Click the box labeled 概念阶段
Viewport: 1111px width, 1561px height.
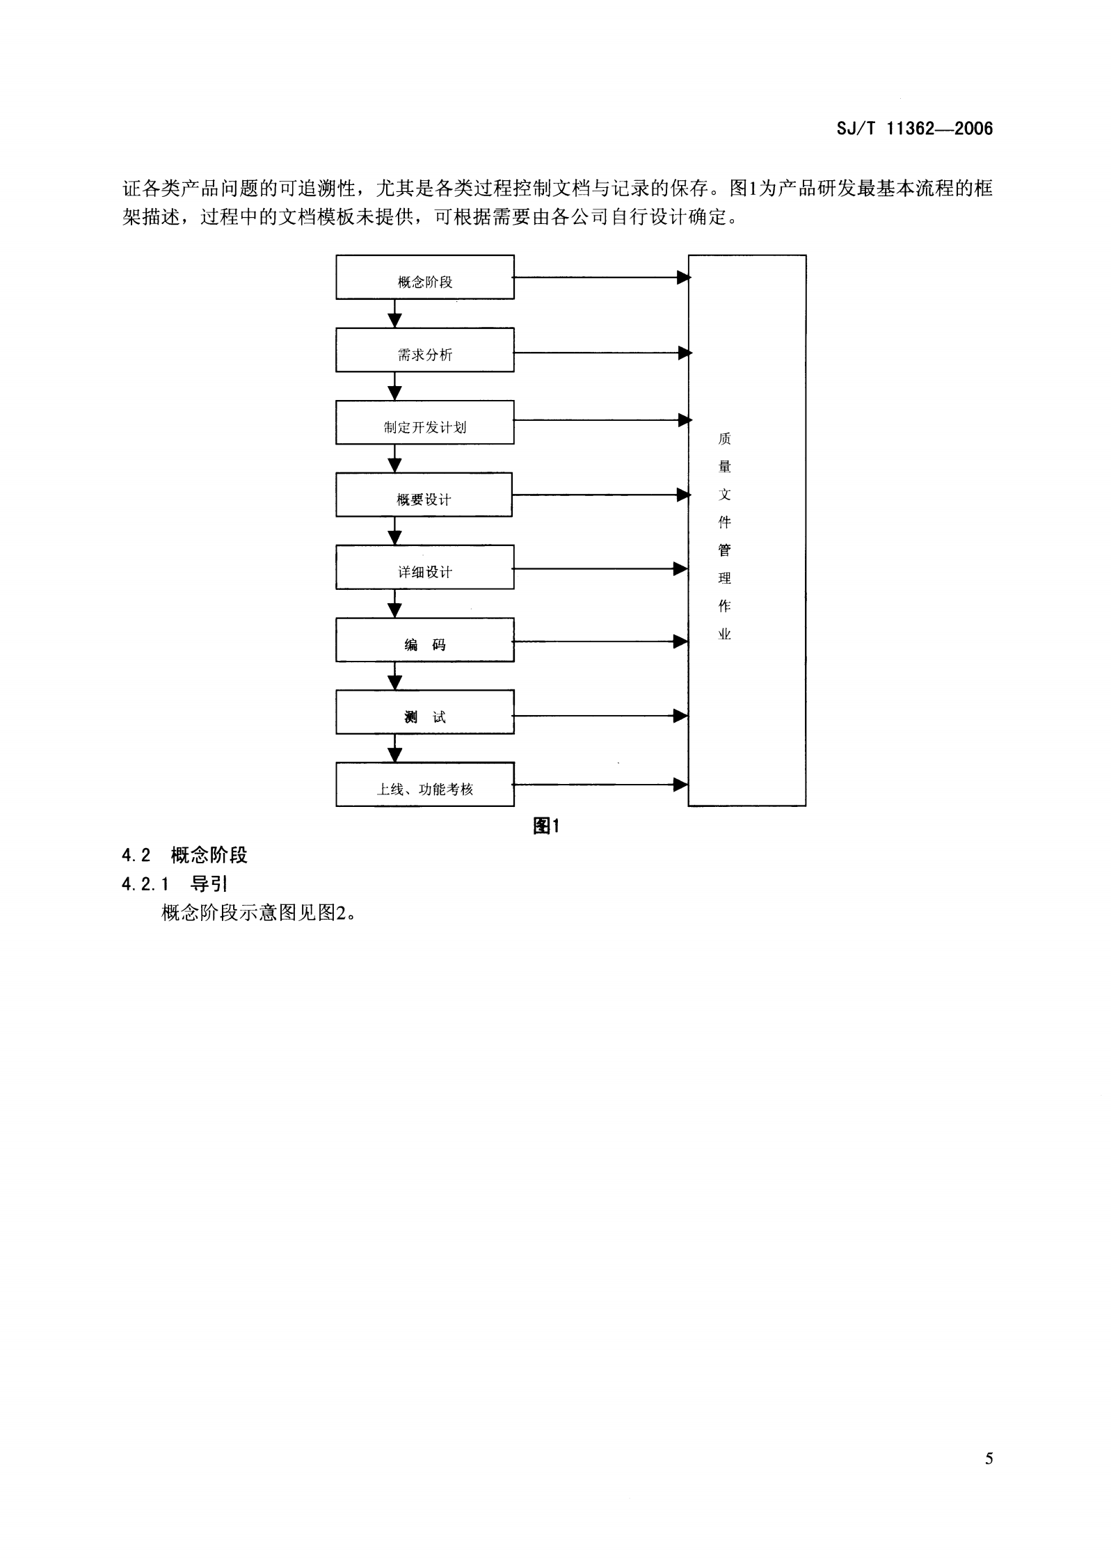click(x=424, y=278)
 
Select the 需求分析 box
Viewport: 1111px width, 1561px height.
click(x=424, y=350)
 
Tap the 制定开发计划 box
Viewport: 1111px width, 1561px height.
click(x=424, y=422)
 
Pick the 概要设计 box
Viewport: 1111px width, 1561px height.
click(x=424, y=495)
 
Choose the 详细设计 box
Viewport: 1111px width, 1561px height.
click(x=424, y=567)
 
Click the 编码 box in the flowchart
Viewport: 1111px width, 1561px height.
click(x=424, y=639)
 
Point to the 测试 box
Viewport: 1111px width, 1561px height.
click(x=424, y=712)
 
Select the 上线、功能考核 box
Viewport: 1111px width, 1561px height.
click(x=424, y=784)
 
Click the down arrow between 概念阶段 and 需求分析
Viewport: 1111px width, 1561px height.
click(x=394, y=314)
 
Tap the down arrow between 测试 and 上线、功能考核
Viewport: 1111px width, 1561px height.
click(x=394, y=749)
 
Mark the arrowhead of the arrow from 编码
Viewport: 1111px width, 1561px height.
click(x=680, y=641)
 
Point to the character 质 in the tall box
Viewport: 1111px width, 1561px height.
click(x=724, y=439)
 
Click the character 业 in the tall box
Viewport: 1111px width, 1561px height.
click(x=724, y=634)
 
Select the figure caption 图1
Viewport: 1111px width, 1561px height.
click(x=546, y=826)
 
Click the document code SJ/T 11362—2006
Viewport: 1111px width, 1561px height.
click(x=915, y=129)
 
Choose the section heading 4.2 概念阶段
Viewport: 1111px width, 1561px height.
click(x=184, y=855)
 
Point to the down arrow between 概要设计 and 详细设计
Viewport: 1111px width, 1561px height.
click(x=394, y=531)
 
